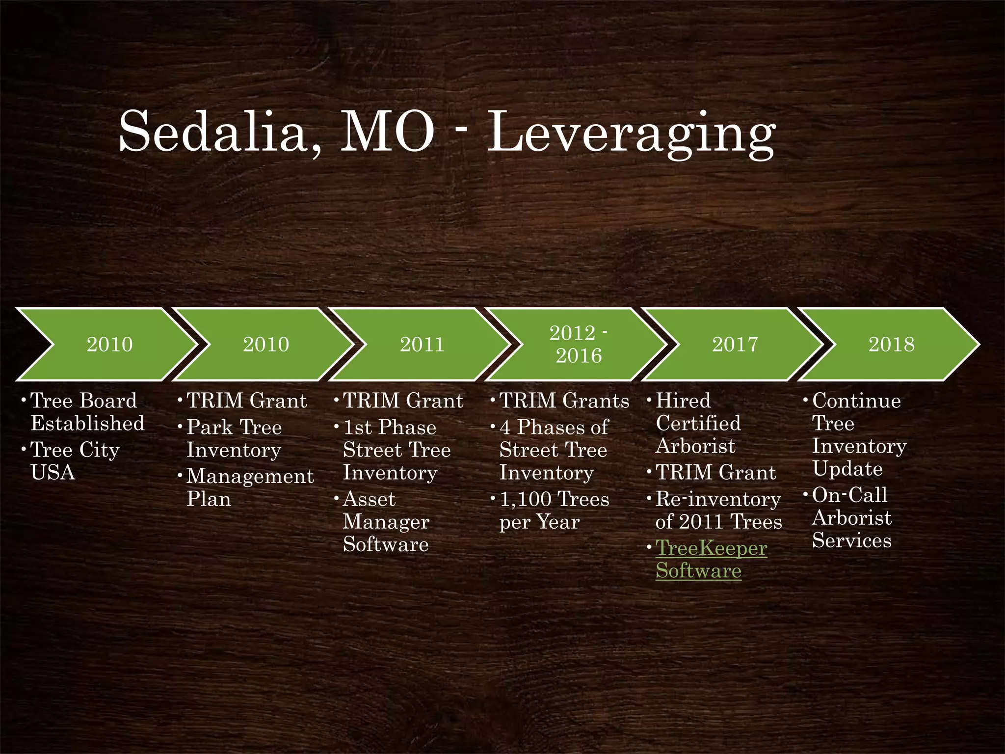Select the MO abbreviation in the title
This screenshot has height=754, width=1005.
(387, 132)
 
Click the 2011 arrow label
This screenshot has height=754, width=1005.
(422, 344)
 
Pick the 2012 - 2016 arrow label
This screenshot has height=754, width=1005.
(579, 344)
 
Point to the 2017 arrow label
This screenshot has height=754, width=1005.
(735, 344)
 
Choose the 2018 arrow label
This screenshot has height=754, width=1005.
(892, 344)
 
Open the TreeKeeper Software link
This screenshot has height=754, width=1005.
(711, 560)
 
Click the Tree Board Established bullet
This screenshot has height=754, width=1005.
(87, 412)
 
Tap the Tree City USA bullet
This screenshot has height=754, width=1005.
(75, 461)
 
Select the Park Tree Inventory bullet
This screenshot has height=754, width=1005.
(234, 438)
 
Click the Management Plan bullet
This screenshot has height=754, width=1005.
(250, 487)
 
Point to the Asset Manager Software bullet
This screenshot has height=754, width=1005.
(386, 521)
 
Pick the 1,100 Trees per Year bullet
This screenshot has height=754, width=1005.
(554, 511)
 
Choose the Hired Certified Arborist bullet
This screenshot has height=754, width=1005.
(698, 423)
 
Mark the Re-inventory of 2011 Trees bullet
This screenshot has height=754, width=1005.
(718, 511)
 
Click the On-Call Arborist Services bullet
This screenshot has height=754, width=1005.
(851, 517)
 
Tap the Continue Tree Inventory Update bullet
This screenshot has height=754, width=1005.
(859, 434)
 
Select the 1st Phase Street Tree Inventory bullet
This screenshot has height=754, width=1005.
(397, 450)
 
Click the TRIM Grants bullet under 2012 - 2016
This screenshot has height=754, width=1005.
(564, 401)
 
